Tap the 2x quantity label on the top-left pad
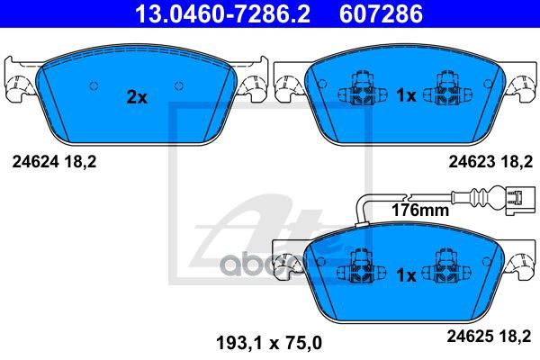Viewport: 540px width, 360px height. coord(136,98)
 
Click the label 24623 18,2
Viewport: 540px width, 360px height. coord(490,162)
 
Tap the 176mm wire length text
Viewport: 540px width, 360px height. coord(419,211)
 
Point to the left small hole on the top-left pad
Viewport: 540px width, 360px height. coord(94,86)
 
